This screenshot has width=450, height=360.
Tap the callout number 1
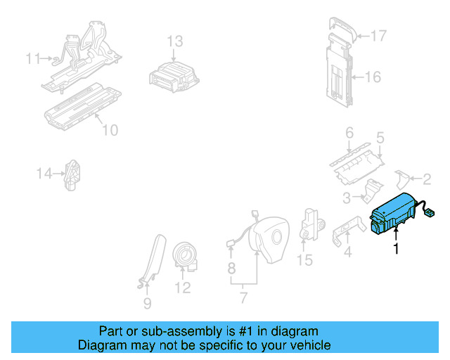click(397, 248)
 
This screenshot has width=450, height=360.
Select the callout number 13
click(174, 41)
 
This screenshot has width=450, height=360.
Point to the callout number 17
click(378, 35)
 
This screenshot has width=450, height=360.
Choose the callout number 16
click(373, 76)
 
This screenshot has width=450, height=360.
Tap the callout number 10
click(110, 130)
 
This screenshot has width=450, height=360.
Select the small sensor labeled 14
click(73, 174)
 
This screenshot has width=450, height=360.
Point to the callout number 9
click(147, 304)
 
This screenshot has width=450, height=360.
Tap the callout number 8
click(231, 268)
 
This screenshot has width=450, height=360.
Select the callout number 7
click(243, 299)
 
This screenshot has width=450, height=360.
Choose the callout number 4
click(347, 251)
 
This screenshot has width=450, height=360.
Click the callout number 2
click(426, 179)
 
